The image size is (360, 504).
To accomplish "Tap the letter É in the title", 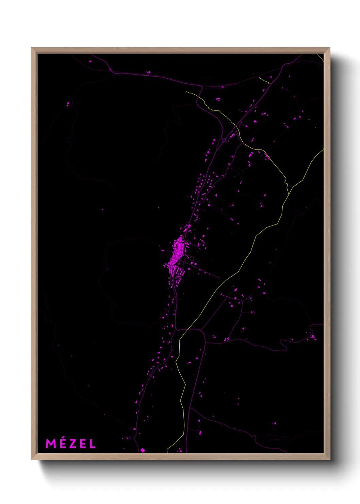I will pos(62,443).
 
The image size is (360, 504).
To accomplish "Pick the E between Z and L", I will pos(82,443).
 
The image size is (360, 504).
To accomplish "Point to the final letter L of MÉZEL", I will pos(92,443).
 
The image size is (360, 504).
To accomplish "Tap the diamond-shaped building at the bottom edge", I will pos(143,450).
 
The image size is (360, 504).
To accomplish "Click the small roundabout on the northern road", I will pos(225,140).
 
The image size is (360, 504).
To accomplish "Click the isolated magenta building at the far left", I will pos(68,104).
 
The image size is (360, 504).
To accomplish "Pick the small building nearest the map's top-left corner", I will pos(90,61).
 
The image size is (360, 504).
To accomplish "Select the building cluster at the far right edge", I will pos(313,337).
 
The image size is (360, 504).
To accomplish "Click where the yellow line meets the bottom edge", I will pos(167,452).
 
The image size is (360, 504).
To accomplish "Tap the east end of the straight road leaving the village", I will pos(219,279).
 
